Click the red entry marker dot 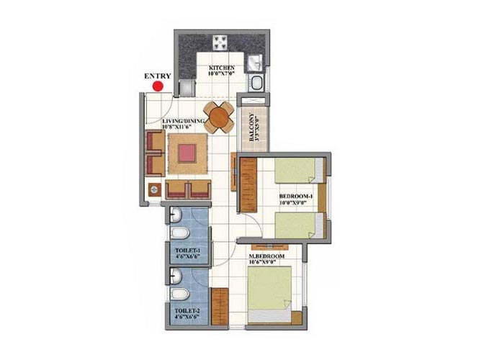pyautogui.click(x=158, y=86)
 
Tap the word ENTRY pyautogui.click(x=158, y=76)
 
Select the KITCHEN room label pyautogui.click(x=222, y=68)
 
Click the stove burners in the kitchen pyautogui.click(x=220, y=42)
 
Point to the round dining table pyautogui.click(x=219, y=117)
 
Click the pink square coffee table pyautogui.click(x=187, y=153)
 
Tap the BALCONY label pyautogui.click(x=251, y=127)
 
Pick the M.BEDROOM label pyautogui.click(x=267, y=256)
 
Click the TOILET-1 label pyautogui.click(x=188, y=251)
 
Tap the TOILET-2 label pyautogui.click(x=188, y=310)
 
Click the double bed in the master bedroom pyautogui.click(x=269, y=294)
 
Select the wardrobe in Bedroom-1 pyautogui.click(x=248, y=185)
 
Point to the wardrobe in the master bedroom pyautogui.click(x=220, y=307)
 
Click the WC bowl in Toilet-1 pyautogui.click(x=180, y=233)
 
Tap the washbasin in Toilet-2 pyautogui.click(x=175, y=276)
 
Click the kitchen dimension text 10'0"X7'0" pyautogui.click(x=221, y=73)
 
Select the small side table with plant pyautogui.click(x=154, y=190)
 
